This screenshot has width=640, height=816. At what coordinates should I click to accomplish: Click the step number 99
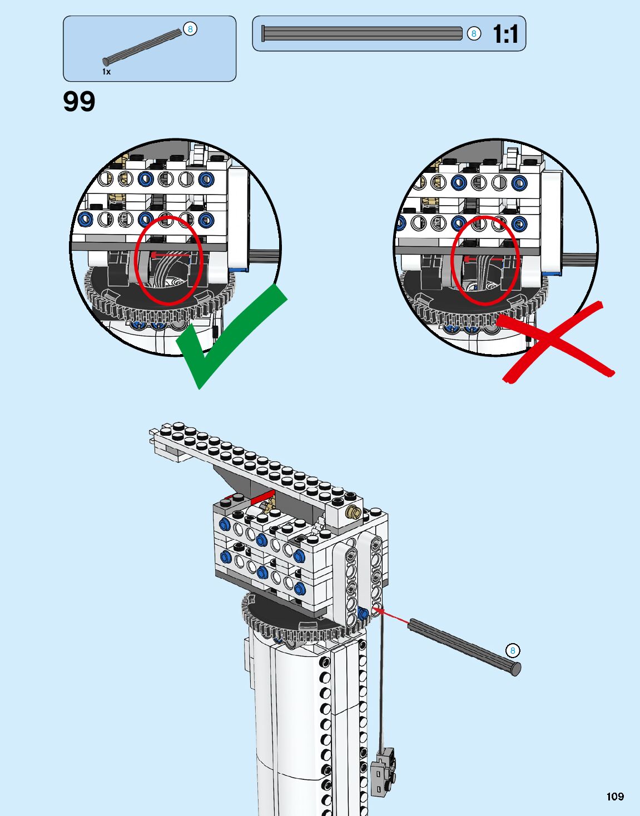pyautogui.click(x=79, y=102)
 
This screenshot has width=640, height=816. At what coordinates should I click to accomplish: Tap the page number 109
pyautogui.click(x=615, y=797)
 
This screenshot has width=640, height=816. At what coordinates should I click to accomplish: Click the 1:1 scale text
pyautogui.click(x=505, y=34)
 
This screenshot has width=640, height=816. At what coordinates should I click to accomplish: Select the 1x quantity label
pyautogui.click(x=106, y=72)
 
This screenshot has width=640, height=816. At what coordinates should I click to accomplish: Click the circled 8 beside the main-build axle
pyautogui.click(x=513, y=650)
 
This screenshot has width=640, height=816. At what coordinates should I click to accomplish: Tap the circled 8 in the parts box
pyautogui.click(x=190, y=29)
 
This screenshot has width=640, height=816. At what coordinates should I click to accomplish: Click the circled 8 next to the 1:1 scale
pyautogui.click(x=474, y=34)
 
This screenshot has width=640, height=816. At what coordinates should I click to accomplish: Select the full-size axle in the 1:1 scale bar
pyautogui.click(x=361, y=34)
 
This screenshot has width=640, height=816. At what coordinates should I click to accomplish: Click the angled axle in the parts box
pyautogui.click(x=143, y=45)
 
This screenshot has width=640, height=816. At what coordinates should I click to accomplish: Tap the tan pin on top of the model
pyautogui.click(x=352, y=511)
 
